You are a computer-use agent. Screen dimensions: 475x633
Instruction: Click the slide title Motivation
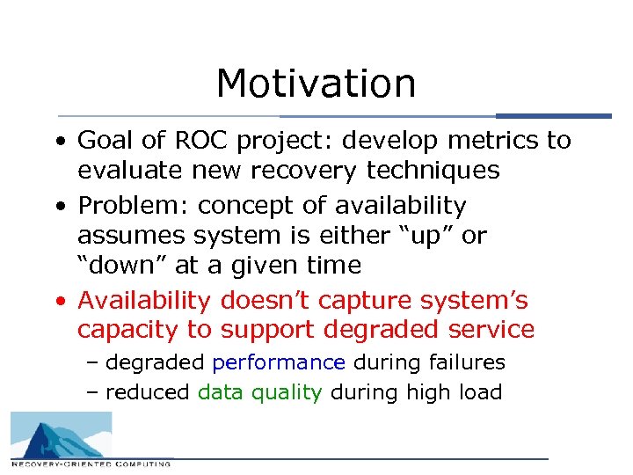(316, 84)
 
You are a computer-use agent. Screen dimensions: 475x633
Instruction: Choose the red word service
(492, 330)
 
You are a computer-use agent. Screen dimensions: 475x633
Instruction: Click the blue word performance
(279, 362)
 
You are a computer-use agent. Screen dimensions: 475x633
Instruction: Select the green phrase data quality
(260, 392)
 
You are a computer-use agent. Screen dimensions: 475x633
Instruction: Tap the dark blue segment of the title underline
(553, 116)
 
